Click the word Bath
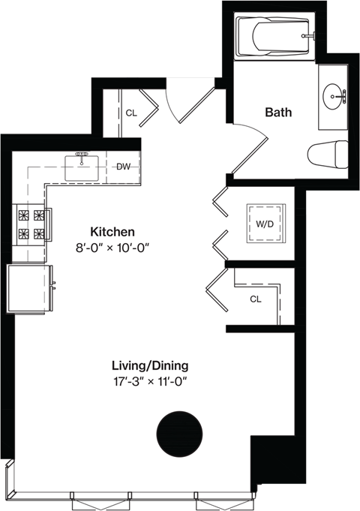click(278, 113)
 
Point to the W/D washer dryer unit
click(265, 223)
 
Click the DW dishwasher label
click(124, 167)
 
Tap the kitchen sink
click(82, 166)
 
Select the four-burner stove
click(31, 224)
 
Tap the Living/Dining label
click(149, 365)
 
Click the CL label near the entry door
click(131, 113)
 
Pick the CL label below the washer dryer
click(255, 299)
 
